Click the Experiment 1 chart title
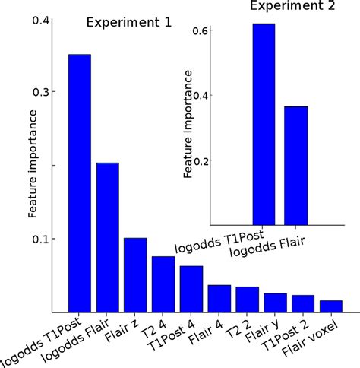tap(128, 23)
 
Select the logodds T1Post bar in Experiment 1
tap(80, 182)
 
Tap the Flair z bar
tap(135, 274)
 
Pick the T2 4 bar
tap(163, 284)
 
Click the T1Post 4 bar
tap(191, 289)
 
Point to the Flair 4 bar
tap(219, 298)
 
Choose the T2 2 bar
tap(247, 299)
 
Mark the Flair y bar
tap(275, 303)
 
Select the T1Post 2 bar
tap(303, 303)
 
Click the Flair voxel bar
tap(330, 306)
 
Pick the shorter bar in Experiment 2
tap(295, 165)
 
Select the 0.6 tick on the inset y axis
tap(201, 30)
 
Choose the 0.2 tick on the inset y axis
tap(201, 160)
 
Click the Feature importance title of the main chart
tap(33, 163)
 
